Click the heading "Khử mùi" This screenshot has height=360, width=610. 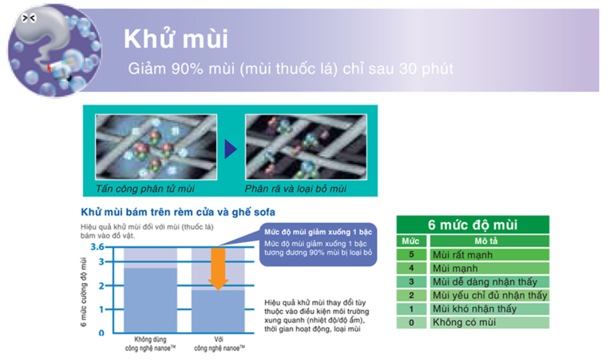(x=176, y=39)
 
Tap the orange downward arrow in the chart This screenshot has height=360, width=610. (x=218, y=269)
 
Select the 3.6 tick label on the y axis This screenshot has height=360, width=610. (x=97, y=247)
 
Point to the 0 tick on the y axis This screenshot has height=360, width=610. (x=101, y=333)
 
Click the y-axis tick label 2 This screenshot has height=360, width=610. (x=101, y=286)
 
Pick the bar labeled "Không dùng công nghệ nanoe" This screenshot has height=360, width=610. (x=150, y=300)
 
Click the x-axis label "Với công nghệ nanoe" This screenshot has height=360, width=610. (x=220, y=344)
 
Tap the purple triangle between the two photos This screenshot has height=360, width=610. (x=231, y=149)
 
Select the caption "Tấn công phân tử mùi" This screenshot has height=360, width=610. (x=145, y=188)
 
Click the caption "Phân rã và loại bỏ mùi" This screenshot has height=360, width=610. (x=295, y=188)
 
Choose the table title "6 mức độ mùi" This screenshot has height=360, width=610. (x=472, y=225)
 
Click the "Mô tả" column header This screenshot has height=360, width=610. (x=486, y=241)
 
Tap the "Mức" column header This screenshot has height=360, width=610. (x=411, y=241)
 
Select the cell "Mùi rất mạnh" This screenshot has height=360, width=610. (x=462, y=255)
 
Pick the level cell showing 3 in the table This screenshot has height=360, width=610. (x=411, y=281)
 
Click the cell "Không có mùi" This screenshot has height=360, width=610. (x=464, y=322)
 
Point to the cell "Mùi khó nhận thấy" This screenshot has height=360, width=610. (x=475, y=309)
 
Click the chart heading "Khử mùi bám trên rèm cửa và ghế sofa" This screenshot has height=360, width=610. (x=178, y=212)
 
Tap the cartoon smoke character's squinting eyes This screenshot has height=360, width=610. (x=28, y=18)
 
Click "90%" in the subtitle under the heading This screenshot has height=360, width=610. (x=187, y=69)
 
